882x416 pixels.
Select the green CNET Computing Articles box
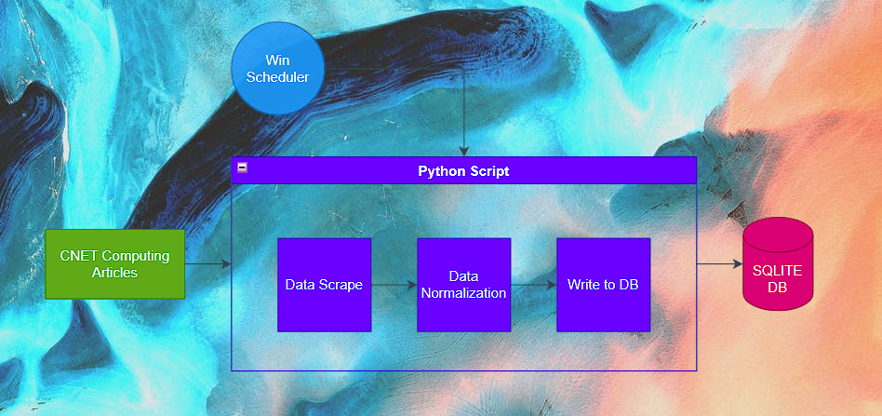(x=115, y=263)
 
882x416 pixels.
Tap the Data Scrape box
(x=324, y=285)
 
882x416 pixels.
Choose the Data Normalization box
(x=463, y=285)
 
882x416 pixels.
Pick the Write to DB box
(x=603, y=285)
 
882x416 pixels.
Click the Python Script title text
(x=463, y=171)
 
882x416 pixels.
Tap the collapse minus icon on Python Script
(x=242, y=168)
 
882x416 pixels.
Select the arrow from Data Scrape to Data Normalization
(x=394, y=285)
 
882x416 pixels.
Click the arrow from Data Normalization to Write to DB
(x=533, y=285)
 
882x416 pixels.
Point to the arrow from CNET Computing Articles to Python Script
(x=207, y=264)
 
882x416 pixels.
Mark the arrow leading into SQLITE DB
(x=719, y=264)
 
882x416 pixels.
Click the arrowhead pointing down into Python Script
(x=463, y=151)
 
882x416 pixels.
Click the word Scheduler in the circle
(x=277, y=77)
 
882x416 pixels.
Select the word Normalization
(x=463, y=293)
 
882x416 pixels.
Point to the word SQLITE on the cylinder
(x=777, y=270)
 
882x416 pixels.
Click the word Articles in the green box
(x=114, y=273)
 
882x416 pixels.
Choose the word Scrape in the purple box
(x=341, y=285)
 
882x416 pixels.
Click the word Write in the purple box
(x=585, y=285)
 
